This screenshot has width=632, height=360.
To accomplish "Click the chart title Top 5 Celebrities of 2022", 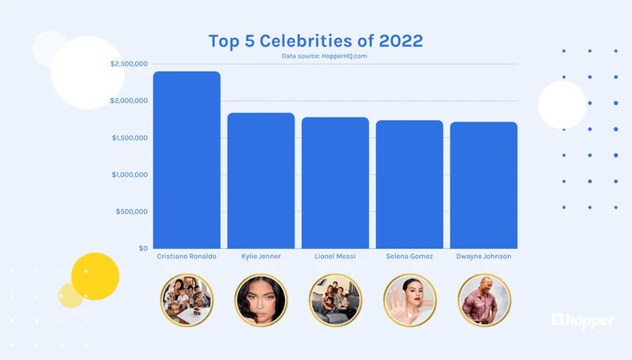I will click(316, 41).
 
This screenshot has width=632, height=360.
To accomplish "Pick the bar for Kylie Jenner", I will click(261, 181).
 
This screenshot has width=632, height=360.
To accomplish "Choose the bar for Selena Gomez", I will click(409, 185).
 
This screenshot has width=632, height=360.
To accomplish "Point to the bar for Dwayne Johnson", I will click(483, 186).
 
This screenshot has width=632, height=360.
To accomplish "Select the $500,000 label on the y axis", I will click(132, 212).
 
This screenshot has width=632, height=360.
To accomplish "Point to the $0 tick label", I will click(143, 249).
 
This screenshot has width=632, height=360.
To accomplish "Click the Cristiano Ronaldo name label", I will click(186, 257).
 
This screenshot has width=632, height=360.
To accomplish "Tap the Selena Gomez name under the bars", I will click(409, 257).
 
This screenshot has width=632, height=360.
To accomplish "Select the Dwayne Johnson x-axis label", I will click(483, 257).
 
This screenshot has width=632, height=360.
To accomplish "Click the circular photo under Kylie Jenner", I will click(261, 300).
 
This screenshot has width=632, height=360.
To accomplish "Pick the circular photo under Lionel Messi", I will click(335, 300).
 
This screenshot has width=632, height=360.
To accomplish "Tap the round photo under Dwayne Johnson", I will click(483, 300).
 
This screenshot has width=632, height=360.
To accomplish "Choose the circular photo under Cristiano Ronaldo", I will click(187, 300).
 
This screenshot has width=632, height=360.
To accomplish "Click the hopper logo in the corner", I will click(583, 321).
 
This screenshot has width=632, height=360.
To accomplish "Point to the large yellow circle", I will click(95, 276).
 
